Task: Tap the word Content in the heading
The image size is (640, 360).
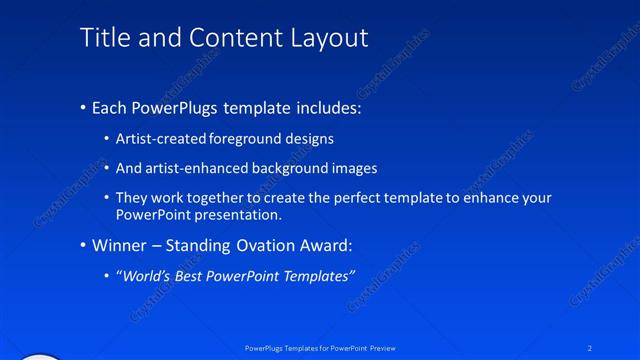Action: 227,38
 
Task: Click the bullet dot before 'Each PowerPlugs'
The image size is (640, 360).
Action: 82,108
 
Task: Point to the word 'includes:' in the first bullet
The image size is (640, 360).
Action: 328,108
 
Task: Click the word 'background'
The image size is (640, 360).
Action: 291,168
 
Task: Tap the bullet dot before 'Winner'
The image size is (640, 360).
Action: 82,245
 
